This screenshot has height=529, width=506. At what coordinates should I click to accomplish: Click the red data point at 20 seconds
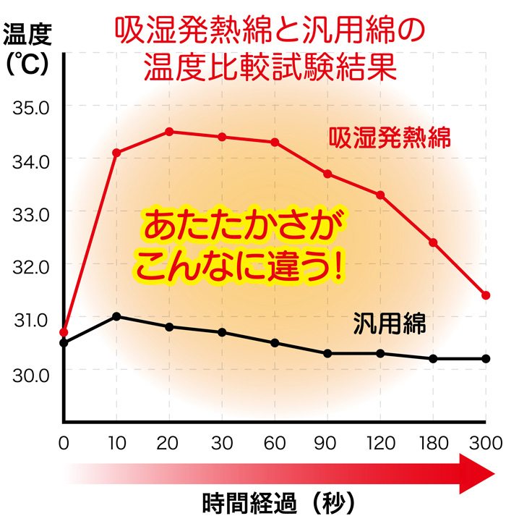(x=169, y=132)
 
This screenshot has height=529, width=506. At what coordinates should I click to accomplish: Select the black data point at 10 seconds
(x=116, y=316)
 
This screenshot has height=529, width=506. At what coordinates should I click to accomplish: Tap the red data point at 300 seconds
(x=486, y=295)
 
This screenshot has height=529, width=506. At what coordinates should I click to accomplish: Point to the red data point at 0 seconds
(x=64, y=332)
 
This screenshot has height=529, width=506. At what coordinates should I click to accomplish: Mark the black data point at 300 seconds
(x=486, y=359)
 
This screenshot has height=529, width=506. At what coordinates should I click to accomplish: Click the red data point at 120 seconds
(x=380, y=195)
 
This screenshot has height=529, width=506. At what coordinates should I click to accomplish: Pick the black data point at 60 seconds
(x=275, y=342)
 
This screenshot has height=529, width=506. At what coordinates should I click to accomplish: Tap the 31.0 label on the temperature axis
(x=30, y=321)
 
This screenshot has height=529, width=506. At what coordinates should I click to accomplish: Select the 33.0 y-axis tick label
(x=30, y=214)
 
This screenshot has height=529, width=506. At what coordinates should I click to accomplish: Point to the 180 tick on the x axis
(x=432, y=441)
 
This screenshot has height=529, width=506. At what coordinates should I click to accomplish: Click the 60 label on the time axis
(x=275, y=441)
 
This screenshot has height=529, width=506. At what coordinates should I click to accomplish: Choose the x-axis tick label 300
(x=485, y=441)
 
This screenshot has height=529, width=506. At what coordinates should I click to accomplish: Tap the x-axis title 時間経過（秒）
(x=279, y=502)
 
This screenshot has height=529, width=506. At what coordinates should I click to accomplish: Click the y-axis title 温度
(x=26, y=34)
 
